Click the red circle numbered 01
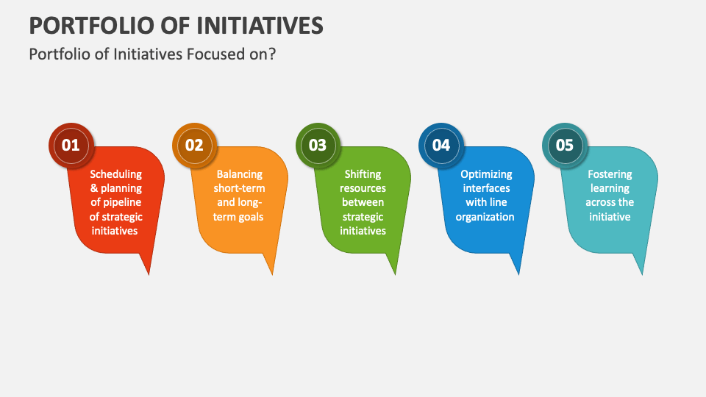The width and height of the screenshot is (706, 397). (70, 145)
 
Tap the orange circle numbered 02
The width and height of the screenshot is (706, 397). (193, 145)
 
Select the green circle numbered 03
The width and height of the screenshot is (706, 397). (317, 145)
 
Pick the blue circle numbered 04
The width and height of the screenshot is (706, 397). (441, 145)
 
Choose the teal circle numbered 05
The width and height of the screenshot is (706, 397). (564, 145)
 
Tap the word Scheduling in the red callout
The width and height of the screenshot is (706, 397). (115, 175)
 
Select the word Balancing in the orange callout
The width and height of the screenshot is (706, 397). (239, 175)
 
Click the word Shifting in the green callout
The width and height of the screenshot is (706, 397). (363, 175)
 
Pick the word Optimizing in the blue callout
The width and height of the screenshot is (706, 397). (486, 175)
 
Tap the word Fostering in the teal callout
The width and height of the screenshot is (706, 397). (610, 175)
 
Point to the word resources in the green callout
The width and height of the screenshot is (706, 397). (363, 189)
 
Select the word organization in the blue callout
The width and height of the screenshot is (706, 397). (485, 217)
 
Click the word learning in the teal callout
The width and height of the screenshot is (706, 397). (610, 189)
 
